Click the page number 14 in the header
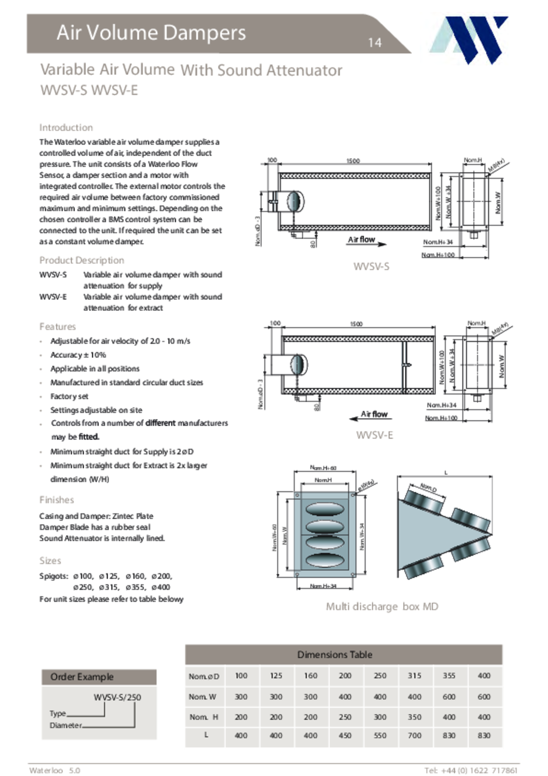tap(374, 43)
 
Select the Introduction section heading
tap(66, 128)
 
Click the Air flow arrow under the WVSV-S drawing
tap(366, 242)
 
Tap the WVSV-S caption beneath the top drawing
tap(371, 266)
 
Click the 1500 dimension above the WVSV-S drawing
tap(353, 161)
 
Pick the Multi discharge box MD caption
tap(382, 607)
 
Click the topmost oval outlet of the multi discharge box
tap(324, 509)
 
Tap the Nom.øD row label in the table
tap(204, 676)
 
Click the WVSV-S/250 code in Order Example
tap(117, 698)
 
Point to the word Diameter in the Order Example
tap(65, 725)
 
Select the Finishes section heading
tap(57, 500)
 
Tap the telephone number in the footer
tap(471, 771)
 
